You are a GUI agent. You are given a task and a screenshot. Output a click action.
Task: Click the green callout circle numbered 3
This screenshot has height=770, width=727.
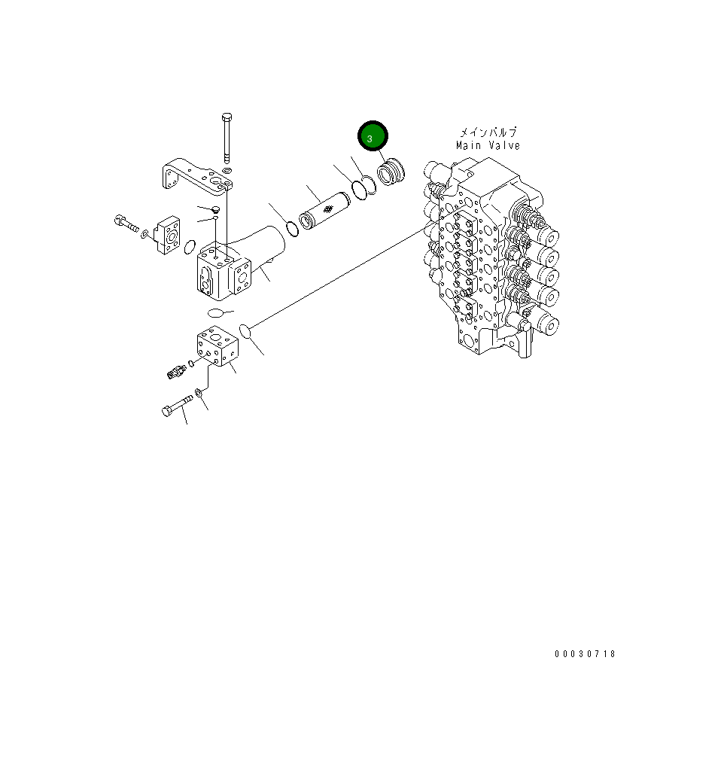372,138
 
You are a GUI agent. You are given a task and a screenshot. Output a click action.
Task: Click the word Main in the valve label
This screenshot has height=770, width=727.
469,145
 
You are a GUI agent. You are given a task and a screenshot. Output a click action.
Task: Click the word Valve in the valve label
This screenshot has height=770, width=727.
503,145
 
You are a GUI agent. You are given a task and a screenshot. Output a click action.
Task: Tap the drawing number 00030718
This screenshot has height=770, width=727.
585,654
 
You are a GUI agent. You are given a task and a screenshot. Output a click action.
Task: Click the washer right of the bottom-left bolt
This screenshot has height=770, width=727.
198,392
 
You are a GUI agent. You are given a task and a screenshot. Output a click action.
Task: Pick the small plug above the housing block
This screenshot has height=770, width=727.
214,208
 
